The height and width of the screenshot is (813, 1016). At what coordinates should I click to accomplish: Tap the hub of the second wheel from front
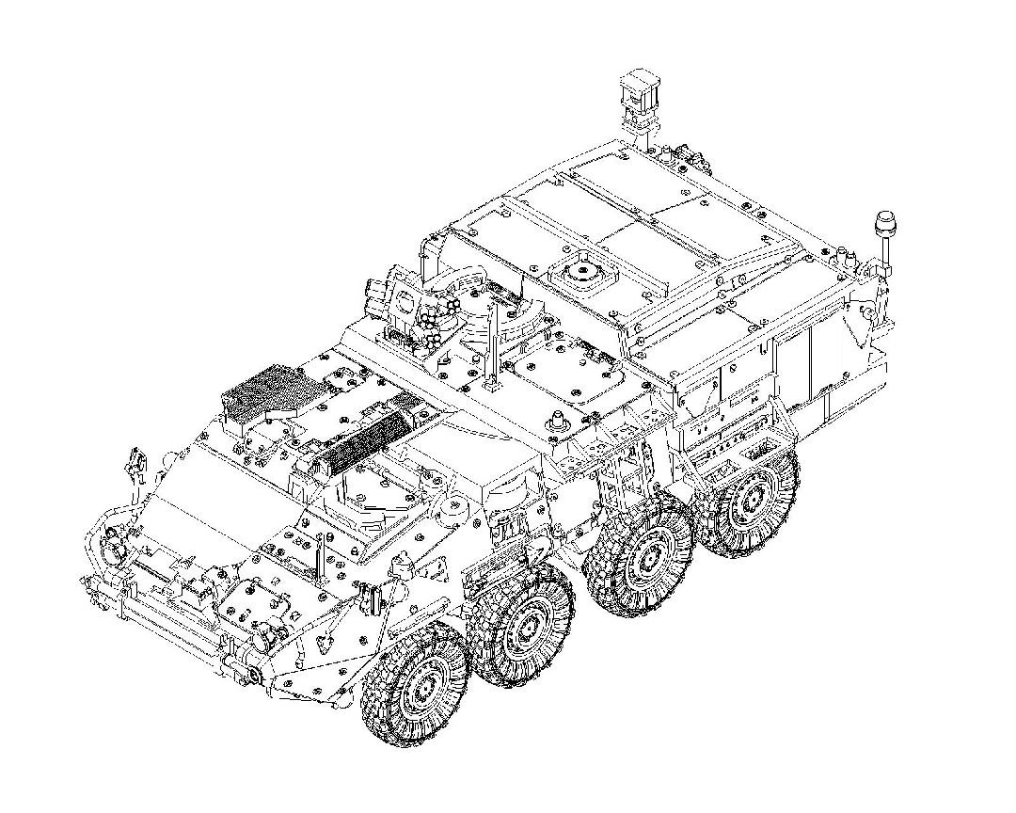pyautogui.click(x=523, y=626)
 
